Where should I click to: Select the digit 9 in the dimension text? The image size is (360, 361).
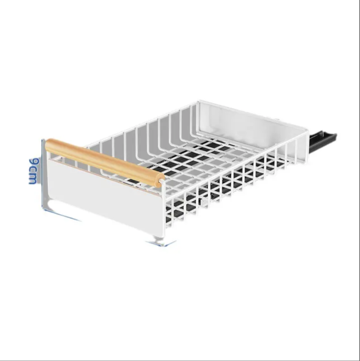point(34,162)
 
